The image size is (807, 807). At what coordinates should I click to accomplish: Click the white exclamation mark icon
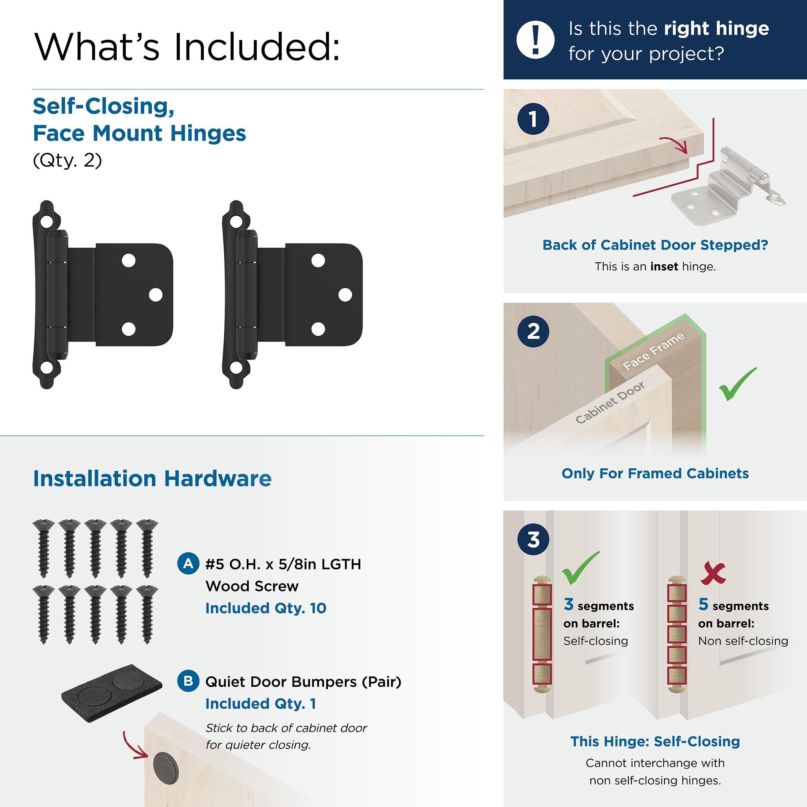pos(536,39)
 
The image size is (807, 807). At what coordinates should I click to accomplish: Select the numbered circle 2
pos(533,331)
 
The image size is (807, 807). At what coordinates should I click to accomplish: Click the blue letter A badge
pos(189,564)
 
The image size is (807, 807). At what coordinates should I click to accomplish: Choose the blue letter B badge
pos(189,681)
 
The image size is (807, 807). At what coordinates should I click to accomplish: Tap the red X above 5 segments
pos(713,574)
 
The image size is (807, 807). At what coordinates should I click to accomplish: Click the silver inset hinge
pos(727,188)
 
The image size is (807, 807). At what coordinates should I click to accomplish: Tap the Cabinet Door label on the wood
pos(610,402)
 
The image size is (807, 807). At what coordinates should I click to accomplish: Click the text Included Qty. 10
pos(266,608)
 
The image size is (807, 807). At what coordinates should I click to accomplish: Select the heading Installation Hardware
pos(152,479)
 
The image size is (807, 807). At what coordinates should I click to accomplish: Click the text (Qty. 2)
pos(67,160)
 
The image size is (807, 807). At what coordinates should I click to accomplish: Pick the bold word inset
pos(664,267)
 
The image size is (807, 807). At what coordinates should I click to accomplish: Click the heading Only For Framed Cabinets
pos(655,473)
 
